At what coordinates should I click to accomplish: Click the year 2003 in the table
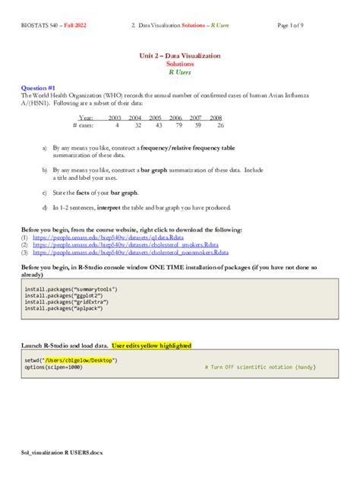point(115,118)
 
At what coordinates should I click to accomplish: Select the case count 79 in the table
point(196,125)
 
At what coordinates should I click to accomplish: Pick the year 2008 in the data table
point(216,118)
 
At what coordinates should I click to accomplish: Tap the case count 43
point(156,125)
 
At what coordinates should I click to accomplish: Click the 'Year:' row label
point(86,118)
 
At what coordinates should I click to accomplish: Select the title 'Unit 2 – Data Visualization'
point(179,56)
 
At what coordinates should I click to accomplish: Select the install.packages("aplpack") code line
point(64,308)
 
